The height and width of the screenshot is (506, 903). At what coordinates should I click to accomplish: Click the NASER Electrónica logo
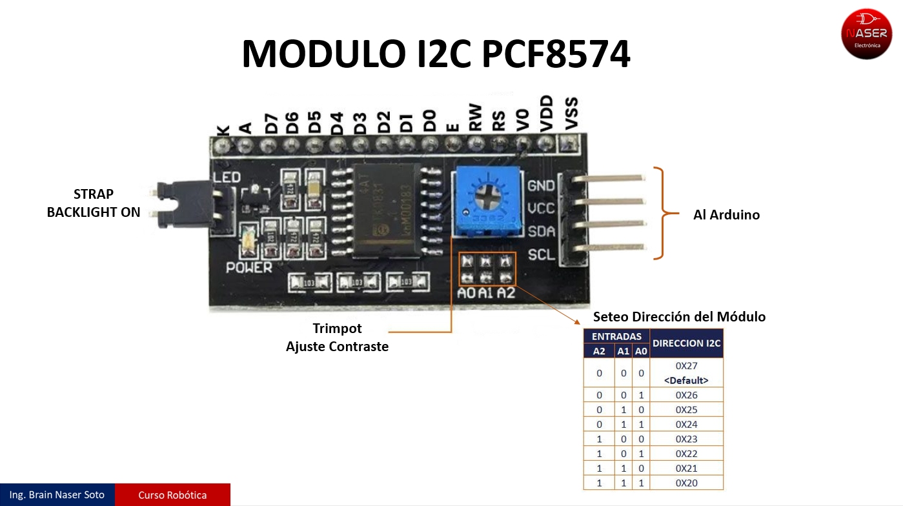tap(866, 34)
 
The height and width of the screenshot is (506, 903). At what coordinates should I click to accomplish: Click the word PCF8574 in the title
tap(556, 54)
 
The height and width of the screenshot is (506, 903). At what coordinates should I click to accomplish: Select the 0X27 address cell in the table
tap(686, 372)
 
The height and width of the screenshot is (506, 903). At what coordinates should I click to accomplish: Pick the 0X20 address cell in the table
tap(686, 483)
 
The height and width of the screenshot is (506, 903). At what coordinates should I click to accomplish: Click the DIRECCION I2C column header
tap(686, 343)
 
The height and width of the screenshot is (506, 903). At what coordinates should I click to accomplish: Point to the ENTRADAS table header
tap(616, 336)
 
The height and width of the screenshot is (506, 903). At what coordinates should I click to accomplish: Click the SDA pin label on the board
tap(541, 232)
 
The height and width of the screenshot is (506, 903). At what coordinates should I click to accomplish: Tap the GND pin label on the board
tap(541, 186)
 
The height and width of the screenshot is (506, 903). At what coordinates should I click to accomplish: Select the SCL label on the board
tap(541, 255)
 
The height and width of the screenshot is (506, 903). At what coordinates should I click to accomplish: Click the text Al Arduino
tap(726, 215)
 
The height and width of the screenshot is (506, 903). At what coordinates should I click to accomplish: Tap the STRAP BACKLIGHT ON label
tap(94, 203)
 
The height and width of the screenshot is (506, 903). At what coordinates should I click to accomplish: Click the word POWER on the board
tap(249, 267)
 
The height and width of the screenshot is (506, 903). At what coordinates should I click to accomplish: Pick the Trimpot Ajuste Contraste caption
tap(337, 338)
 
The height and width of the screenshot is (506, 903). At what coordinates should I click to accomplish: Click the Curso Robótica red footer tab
tap(172, 495)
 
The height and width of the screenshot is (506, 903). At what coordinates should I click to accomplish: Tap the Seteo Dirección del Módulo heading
tap(679, 317)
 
